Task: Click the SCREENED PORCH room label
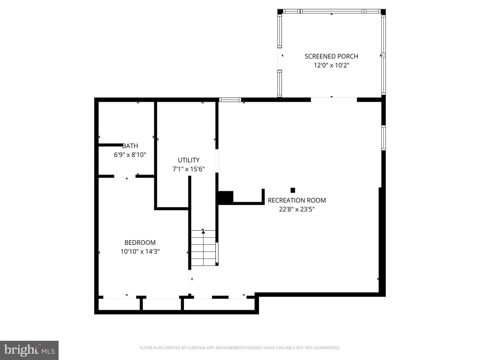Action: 331,56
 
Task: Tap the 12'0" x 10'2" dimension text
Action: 332,65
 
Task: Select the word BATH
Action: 130,146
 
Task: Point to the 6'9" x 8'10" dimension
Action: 130,155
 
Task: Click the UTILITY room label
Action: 189,160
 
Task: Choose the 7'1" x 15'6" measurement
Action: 189,169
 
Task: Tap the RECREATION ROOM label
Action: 297,200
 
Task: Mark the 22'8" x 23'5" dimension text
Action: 297,209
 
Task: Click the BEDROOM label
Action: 140,243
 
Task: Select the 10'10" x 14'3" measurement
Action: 140,251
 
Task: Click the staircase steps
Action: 203,248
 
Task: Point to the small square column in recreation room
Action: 293,190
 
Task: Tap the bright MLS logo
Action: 29,350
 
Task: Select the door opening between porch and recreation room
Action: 334,100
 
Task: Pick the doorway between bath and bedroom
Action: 125,176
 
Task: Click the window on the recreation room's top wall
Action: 230,100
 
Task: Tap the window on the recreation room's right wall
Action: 384,138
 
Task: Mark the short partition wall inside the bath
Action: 111,145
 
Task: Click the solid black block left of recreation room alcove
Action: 225,197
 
